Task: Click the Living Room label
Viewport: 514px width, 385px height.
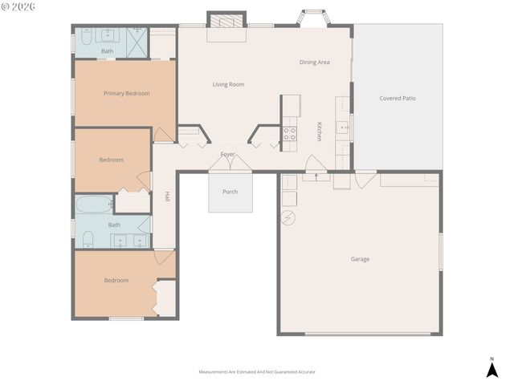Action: [228, 84]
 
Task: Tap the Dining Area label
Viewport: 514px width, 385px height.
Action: [314, 62]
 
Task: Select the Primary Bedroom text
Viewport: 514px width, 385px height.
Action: [127, 93]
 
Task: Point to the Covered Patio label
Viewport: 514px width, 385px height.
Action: [397, 99]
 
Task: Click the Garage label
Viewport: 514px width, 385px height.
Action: [360, 259]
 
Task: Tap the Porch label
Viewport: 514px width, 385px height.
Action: [230, 192]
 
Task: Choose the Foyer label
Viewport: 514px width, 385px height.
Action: [228, 154]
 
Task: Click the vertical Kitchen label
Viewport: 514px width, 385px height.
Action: [319, 132]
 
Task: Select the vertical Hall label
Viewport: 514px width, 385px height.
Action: [167, 196]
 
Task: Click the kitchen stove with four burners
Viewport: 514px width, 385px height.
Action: [290, 134]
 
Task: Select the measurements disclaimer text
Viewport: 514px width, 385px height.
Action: [257, 372]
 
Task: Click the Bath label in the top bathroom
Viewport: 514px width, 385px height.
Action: [107, 51]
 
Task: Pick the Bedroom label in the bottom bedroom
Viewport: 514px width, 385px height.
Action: [116, 280]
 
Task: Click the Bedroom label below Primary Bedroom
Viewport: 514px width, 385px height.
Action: [111, 160]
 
